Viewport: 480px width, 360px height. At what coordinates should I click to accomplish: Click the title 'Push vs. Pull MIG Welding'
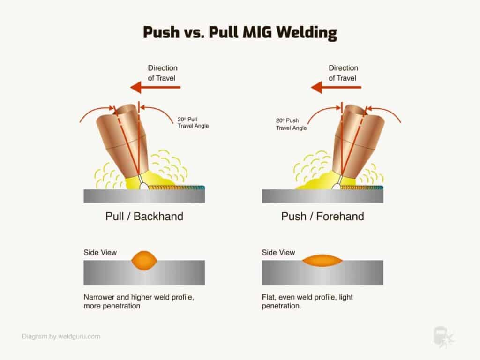tap(240, 32)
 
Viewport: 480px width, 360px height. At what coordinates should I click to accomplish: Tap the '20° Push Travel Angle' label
tap(291, 124)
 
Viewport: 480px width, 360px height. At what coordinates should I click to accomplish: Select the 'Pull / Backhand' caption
tap(144, 217)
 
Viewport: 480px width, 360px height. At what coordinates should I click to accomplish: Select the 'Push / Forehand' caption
tap(322, 217)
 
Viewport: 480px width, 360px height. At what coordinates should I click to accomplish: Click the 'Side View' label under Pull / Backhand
tap(100, 253)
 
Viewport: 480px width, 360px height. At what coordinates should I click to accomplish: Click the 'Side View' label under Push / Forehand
tap(278, 253)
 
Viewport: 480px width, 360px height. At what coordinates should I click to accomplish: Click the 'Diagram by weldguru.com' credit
tap(61, 336)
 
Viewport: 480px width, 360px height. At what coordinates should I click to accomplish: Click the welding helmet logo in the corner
tap(443, 337)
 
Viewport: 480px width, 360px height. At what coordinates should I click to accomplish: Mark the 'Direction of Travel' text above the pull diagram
tap(162, 73)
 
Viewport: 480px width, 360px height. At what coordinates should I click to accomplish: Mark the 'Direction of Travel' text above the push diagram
tap(343, 73)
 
